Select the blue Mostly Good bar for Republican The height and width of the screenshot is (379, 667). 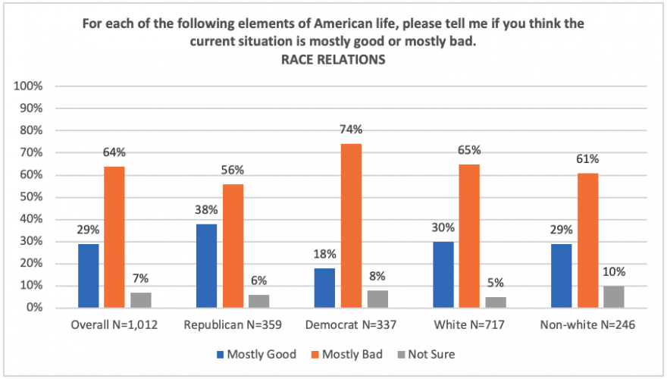pyautogui.click(x=206, y=266)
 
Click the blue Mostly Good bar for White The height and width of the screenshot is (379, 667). pyautogui.click(x=443, y=275)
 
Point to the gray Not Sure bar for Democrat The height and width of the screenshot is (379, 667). pyautogui.click(x=377, y=299)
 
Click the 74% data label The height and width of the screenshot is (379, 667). pyautogui.click(x=352, y=130)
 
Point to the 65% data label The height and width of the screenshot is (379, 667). pyautogui.click(x=469, y=149)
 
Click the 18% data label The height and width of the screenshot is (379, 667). pyautogui.click(x=325, y=254)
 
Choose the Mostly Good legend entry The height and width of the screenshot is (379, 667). pyautogui.click(x=252, y=354)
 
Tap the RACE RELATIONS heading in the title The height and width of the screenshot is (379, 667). pyautogui.click(x=333, y=61)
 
